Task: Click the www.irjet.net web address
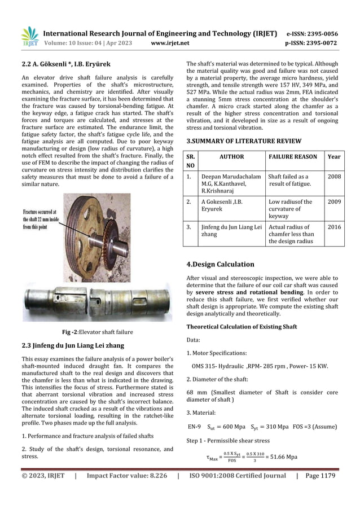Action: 170,43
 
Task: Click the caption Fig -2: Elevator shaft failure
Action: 97,332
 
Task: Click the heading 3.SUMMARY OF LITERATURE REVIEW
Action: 244,141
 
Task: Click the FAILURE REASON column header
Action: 293,157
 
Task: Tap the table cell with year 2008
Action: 334,177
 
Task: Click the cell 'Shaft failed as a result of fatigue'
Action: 288,180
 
